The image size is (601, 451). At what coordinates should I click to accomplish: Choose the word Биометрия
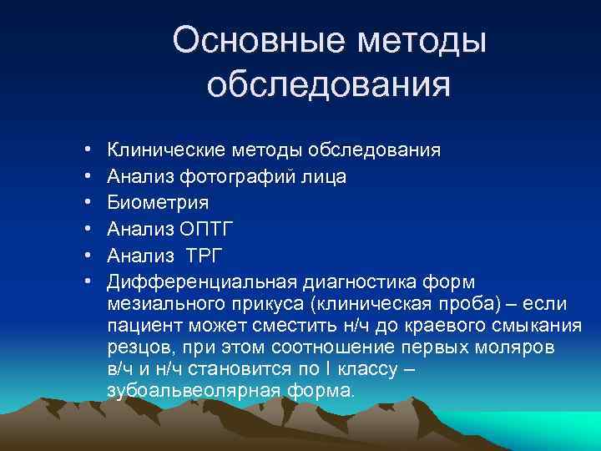pyautogui.click(x=158, y=202)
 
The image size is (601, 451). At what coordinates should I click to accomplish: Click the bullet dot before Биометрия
pyautogui.click(x=88, y=203)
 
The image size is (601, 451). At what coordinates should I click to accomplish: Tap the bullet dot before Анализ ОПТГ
pyautogui.click(x=88, y=229)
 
